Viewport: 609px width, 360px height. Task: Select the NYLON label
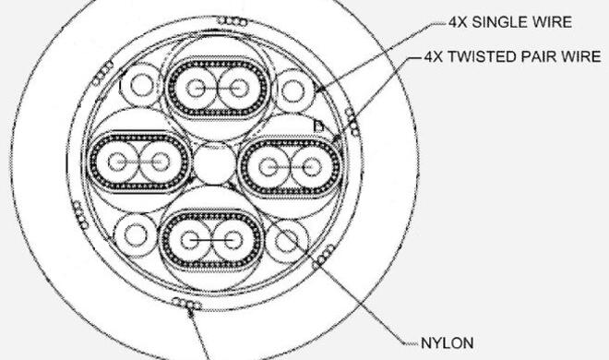coord(447,343)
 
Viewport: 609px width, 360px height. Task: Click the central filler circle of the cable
coord(214,163)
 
